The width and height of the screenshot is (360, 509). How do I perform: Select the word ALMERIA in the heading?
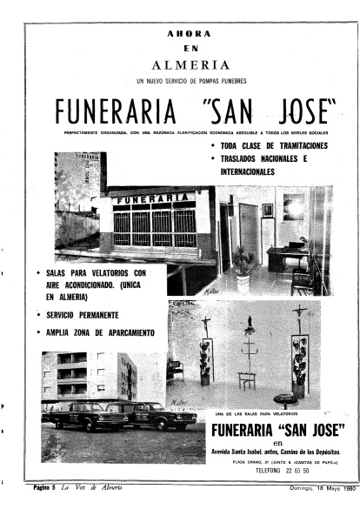190,64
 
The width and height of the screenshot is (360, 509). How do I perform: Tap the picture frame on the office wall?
268,210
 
